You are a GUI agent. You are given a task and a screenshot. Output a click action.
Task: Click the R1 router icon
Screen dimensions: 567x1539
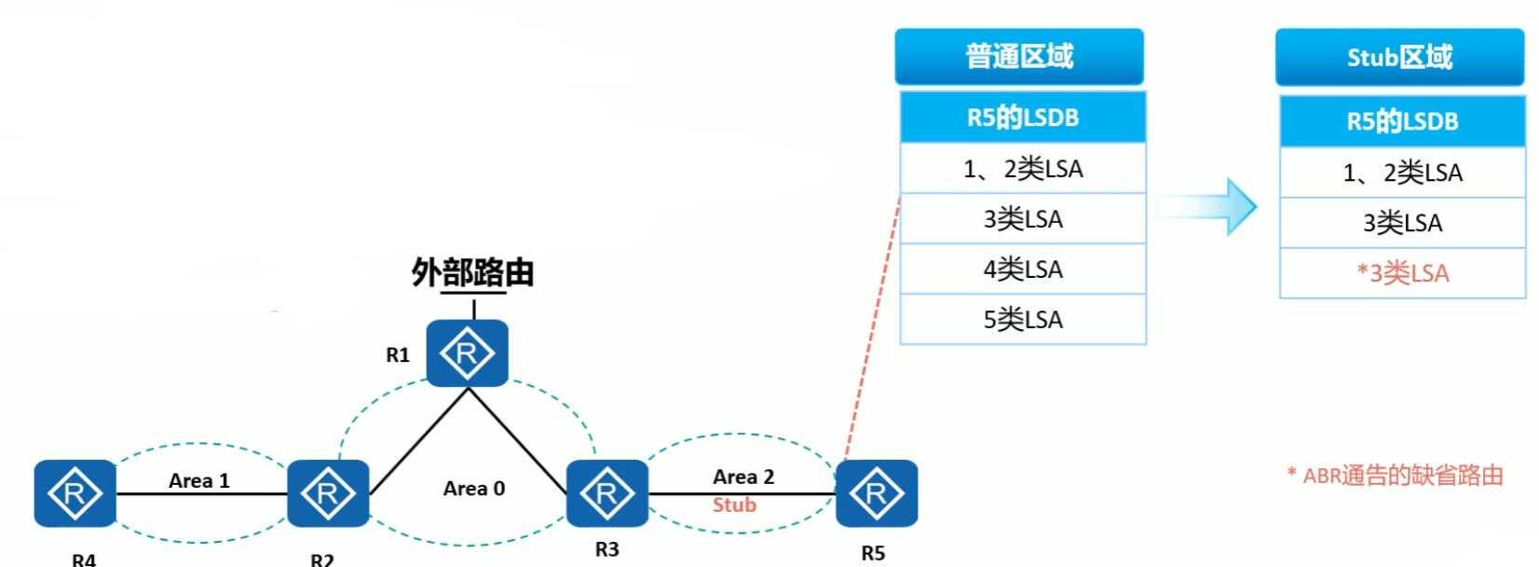click(x=467, y=353)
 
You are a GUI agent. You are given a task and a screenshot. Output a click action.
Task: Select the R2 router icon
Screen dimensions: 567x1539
click(x=328, y=493)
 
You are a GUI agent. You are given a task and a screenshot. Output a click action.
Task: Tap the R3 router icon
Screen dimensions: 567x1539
click(x=606, y=493)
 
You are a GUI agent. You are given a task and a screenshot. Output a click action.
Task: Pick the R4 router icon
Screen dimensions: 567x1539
click(x=75, y=493)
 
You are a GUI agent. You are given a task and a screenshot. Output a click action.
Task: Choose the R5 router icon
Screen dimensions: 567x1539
click(x=877, y=493)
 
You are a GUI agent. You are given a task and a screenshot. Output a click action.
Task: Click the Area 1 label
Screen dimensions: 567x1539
click(x=198, y=480)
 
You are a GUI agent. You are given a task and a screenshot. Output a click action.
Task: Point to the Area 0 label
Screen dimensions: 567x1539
click(x=473, y=489)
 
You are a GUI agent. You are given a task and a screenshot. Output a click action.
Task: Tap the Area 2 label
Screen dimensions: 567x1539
click(x=742, y=477)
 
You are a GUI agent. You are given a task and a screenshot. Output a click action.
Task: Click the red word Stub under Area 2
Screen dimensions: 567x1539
click(x=734, y=505)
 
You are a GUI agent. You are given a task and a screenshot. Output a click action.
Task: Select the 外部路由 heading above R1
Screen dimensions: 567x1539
click(x=472, y=272)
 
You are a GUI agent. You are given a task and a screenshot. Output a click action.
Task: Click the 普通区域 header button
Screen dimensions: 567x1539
click(x=1019, y=57)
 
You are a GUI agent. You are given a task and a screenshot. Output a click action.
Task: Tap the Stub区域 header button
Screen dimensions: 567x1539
click(x=1399, y=58)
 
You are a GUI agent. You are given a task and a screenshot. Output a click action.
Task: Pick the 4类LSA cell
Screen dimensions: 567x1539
click(x=1023, y=270)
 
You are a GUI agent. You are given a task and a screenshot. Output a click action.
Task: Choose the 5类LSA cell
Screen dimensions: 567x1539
click(x=1023, y=320)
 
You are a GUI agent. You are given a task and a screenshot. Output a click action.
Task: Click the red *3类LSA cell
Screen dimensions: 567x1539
click(x=1402, y=273)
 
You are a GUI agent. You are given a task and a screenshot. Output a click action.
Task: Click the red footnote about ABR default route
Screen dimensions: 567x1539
click(x=1396, y=476)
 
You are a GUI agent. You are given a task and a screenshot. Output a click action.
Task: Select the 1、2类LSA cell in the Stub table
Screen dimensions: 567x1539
click(x=1402, y=173)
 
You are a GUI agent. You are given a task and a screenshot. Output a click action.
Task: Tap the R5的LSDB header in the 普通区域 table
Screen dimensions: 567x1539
click(x=1023, y=118)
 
